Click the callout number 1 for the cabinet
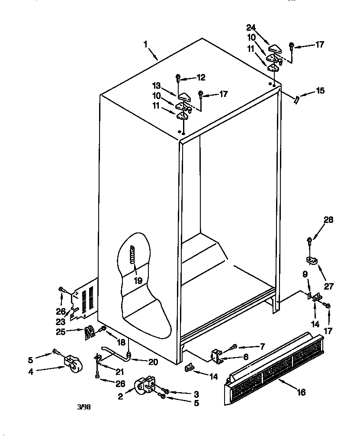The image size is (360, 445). [x=146, y=44]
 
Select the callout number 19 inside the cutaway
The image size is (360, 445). [x=138, y=281]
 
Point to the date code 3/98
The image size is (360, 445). [x=84, y=407]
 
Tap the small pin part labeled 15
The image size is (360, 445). [x=296, y=100]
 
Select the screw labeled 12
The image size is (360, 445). [x=178, y=78]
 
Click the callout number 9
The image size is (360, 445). [x=305, y=274]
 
